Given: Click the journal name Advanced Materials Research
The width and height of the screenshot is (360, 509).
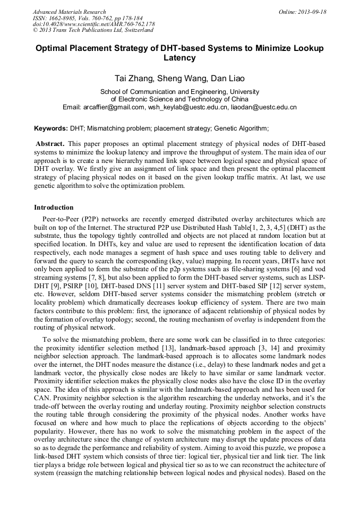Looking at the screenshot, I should pyautogui.click(x=69, y=12).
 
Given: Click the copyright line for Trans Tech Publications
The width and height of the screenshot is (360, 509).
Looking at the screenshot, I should pyautogui.click(x=93, y=30).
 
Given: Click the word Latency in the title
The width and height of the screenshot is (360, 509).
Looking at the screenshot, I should pyautogui.click(x=179, y=57).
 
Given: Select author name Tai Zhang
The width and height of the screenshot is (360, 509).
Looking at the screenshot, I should pyautogui.click(x=134, y=79).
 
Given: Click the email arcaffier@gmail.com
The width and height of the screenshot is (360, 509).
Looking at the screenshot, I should pyautogui.click(x=114, y=107).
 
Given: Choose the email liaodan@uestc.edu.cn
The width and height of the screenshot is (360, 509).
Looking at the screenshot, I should pyautogui.click(x=263, y=107).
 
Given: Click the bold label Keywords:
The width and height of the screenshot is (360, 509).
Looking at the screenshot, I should pyautogui.click(x=51, y=128).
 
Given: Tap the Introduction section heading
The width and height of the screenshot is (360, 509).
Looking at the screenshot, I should pyautogui.click(x=54, y=208).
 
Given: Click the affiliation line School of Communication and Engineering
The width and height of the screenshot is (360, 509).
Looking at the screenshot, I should pyautogui.click(x=179, y=91).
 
